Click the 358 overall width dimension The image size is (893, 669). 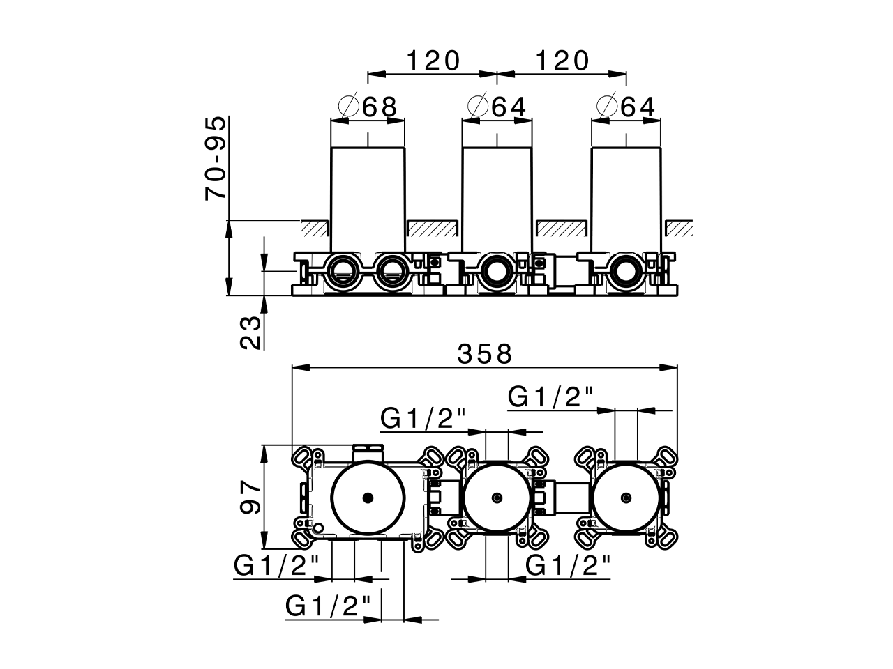pyautogui.click(x=485, y=354)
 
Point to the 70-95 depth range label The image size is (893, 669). pyautogui.click(x=216, y=159)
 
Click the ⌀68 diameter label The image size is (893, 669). pyautogui.click(x=368, y=107)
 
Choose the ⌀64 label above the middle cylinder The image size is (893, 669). pyautogui.click(x=497, y=107)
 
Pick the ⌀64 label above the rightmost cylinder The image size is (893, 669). pyautogui.click(x=626, y=107)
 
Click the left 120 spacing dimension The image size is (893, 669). pyautogui.click(x=433, y=61)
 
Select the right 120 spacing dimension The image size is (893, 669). pyautogui.click(x=562, y=61)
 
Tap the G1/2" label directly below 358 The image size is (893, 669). pyautogui.click(x=550, y=397)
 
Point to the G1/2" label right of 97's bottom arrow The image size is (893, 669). pyautogui.click(x=277, y=566)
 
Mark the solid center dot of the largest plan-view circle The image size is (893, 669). pyautogui.click(x=368, y=498)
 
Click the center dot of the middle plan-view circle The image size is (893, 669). pyautogui.click(x=497, y=498)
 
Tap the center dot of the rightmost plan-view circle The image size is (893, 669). pyautogui.click(x=626, y=498)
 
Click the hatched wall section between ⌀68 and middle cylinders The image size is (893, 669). pyautogui.click(x=433, y=227)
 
